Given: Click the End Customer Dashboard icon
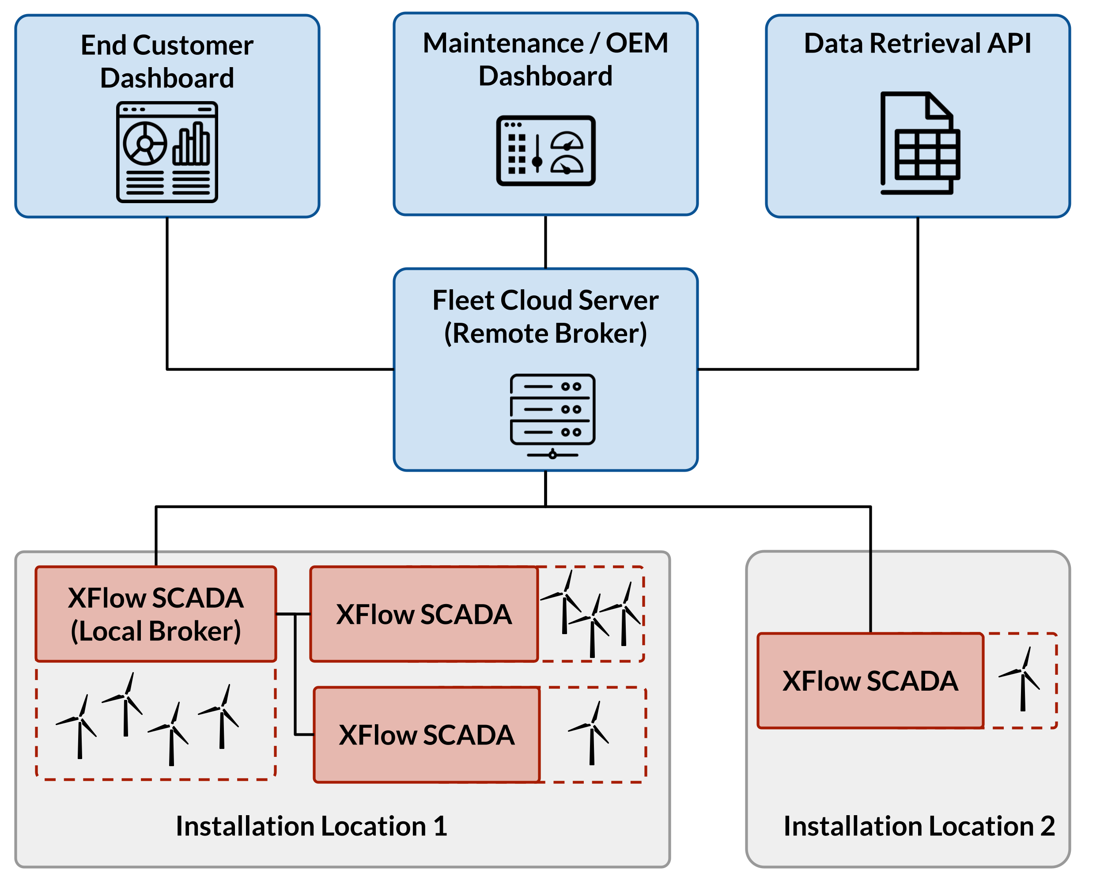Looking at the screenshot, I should (x=167, y=152).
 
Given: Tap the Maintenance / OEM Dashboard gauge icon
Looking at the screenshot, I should (x=545, y=151).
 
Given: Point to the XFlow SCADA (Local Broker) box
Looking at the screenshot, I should (x=155, y=614).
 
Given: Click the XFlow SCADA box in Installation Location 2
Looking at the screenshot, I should (x=870, y=681).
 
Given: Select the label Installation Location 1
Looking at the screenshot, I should (x=311, y=826).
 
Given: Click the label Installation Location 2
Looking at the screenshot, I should (x=919, y=826).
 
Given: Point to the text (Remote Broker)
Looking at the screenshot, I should (x=545, y=333).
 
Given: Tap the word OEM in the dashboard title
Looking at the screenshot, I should (x=637, y=43).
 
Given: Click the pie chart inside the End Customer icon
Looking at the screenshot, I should (x=145, y=144).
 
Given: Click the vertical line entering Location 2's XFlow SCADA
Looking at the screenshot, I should (x=870, y=591).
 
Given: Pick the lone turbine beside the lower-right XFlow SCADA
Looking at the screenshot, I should (x=591, y=733).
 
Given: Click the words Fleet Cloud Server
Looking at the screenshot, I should (x=545, y=301).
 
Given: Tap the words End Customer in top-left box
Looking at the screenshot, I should (x=167, y=46).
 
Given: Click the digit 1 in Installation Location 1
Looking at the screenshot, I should (x=440, y=826).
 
